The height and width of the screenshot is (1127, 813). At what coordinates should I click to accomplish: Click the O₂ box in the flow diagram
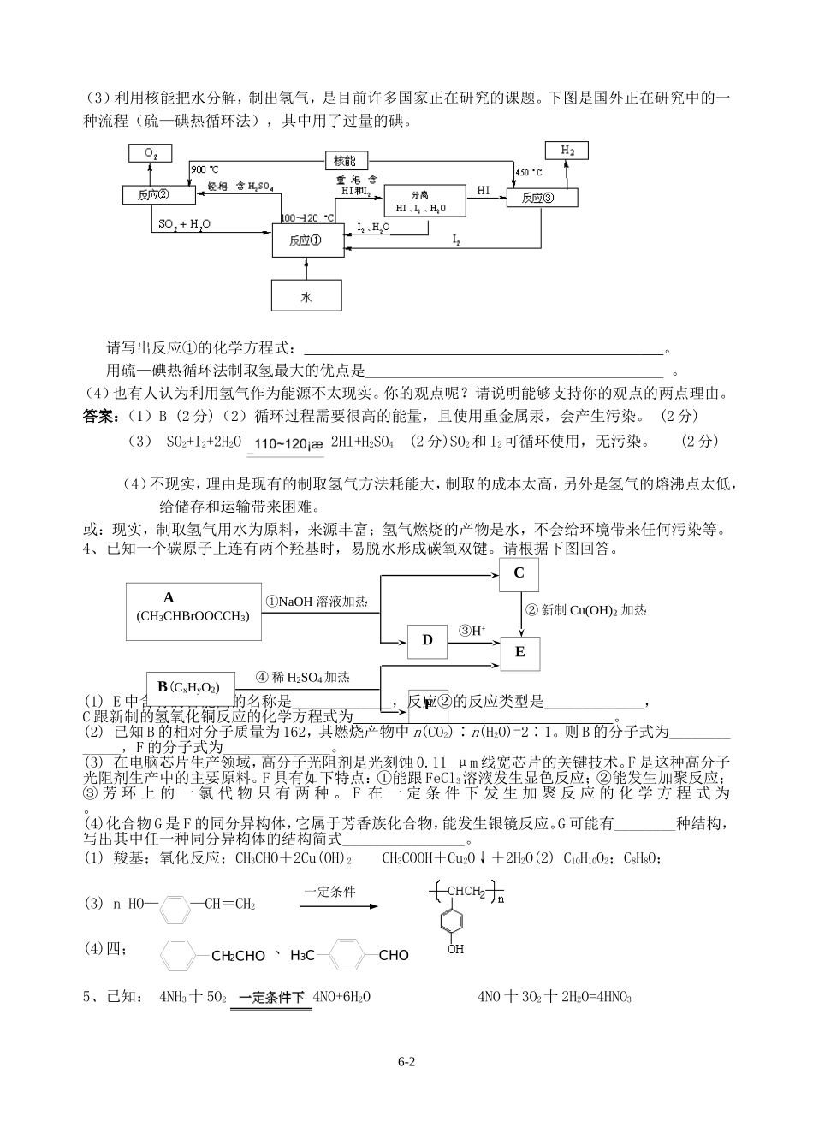click(150, 153)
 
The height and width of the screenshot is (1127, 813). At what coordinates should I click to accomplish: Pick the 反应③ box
click(541, 197)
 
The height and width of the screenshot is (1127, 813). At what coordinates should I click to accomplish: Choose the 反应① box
click(306, 240)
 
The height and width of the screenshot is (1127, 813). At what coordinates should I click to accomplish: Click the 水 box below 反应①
click(306, 296)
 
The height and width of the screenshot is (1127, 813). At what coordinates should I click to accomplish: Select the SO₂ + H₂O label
click(185, 224)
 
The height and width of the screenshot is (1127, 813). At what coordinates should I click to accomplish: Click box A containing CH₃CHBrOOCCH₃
click(193, 610)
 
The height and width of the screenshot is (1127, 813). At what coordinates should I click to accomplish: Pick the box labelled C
click(519, 573)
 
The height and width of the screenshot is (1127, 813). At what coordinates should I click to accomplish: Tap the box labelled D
click(428, 640)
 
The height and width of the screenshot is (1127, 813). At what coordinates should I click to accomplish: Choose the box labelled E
click(519, 652)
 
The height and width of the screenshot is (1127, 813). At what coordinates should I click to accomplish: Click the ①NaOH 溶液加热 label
click(317, 602)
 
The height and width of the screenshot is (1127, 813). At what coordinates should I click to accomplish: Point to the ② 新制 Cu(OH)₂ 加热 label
click(586, 610)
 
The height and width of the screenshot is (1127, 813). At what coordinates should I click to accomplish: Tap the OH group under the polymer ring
click(455, 949)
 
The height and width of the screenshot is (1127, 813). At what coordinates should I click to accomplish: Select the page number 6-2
click(406, 1062)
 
